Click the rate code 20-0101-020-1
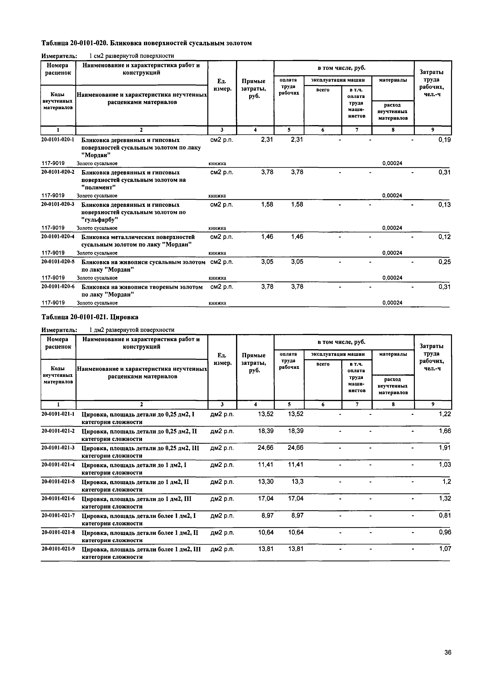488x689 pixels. tap(58, 140)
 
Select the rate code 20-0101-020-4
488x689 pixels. tap(58, 237)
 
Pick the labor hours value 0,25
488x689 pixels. tap(444, 262)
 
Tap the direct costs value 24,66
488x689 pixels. tap(266, 448)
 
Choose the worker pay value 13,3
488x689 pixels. tap(297, 482)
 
